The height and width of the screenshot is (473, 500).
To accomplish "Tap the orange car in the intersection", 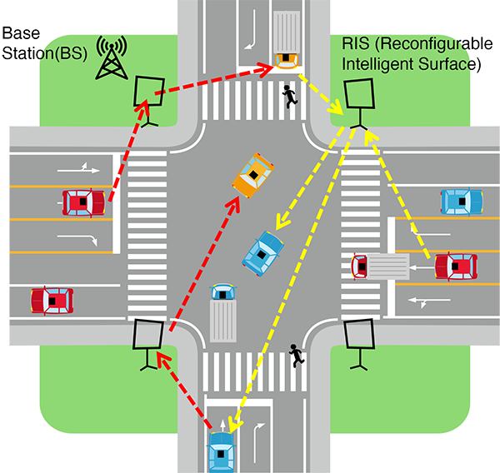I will tap(253, 176).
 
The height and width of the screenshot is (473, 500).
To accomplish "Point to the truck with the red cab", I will tap(379, 266).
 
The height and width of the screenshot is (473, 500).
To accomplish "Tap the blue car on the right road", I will tap(461, 202).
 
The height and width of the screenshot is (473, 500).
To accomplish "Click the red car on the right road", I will tap(456, 267).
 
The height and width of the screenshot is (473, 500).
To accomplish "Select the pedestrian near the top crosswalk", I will tap(289, 97).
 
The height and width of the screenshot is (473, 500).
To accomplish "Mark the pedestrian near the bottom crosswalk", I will tap(295, 356).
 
